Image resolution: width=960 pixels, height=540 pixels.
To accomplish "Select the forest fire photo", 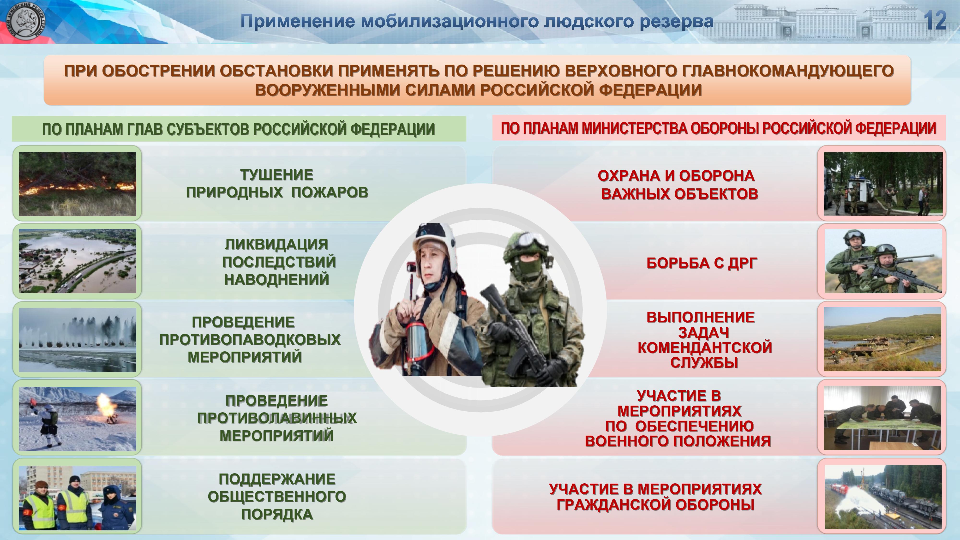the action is [x=78, y=184].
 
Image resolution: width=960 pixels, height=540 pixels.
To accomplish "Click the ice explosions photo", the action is [x=78, y=340].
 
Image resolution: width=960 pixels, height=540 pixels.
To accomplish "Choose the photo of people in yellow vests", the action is [x=78, y=498].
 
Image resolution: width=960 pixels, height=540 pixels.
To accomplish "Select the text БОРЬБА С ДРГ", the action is [x=702, y=263].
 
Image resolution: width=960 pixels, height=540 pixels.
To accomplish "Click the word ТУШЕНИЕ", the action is [x=276, y=175].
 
